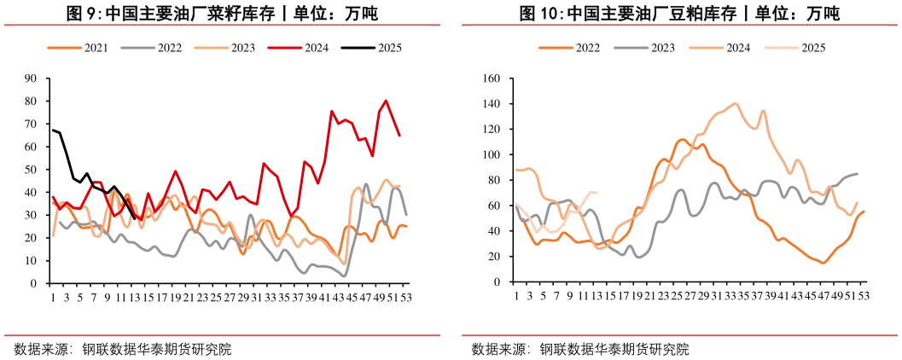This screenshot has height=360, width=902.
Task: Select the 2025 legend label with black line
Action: (389, 49)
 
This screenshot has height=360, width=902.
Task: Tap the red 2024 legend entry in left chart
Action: (316, 49)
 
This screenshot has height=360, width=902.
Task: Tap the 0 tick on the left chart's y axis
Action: (34, 283)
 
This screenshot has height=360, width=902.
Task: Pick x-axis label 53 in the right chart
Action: (864, 296)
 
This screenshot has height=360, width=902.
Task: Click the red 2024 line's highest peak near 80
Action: (386, 101)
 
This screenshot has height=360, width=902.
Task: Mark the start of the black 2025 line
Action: (53, 131)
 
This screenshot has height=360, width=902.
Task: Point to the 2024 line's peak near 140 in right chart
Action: (735, 103)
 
